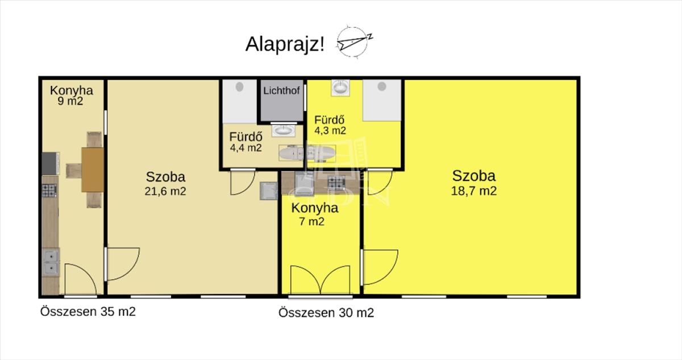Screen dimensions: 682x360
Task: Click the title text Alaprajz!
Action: point(285,44)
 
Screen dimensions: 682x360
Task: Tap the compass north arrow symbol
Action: point(353,43)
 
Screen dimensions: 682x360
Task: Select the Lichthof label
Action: point(282,90)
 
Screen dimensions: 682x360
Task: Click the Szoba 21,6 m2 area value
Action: point(165,191)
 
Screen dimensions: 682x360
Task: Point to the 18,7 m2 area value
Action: point(474,191)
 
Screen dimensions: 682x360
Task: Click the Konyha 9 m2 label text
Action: point(71,96)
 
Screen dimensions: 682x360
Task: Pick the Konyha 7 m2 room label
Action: point(314,214)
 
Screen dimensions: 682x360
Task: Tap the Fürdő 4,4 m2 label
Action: point(246,142)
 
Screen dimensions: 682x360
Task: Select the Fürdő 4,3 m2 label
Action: point(330,125)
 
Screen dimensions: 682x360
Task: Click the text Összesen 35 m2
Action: point(88,312)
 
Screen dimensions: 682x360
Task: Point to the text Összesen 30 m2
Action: point(326,313)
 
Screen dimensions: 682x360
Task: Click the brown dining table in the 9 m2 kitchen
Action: point(93,169)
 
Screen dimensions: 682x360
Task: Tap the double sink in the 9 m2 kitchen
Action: point(51,262)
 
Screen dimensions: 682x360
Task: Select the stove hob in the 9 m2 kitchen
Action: point(49,191)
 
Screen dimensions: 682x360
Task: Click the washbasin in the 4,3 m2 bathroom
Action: point(340,88)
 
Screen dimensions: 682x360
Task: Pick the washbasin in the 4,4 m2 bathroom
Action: point(283,130)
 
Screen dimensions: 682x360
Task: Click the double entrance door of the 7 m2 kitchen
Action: point(321,280)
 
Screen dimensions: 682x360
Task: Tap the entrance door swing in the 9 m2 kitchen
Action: point(80,279)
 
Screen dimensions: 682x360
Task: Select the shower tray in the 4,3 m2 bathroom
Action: point(382,100)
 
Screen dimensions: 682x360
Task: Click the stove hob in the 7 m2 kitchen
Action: point(336,183)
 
